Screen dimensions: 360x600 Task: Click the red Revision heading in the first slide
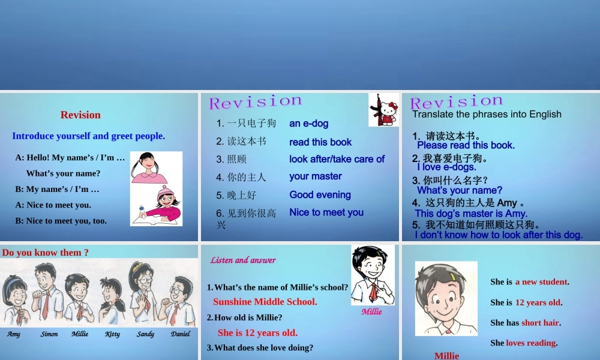pos(80,115)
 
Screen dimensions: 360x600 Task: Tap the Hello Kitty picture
pos(383,110)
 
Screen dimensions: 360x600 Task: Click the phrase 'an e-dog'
pos(308,124)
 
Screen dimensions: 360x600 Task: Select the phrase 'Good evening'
pos(320,195)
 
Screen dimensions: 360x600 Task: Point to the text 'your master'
pos(315,176)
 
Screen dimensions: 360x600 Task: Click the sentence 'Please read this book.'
pos(466,145)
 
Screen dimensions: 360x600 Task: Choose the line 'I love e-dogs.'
pos(446,167)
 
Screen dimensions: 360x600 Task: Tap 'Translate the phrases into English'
pos(487,114)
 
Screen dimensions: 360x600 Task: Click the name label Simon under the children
pos(49,334)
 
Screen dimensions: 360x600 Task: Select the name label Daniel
pos(180,334)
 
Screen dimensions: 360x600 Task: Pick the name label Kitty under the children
pos(112,334)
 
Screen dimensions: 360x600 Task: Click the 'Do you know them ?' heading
pos(46,253)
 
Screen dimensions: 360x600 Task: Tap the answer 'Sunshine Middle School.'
pos(265,302)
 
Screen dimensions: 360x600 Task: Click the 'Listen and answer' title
pos(243,260)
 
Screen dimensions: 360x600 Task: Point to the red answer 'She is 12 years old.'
pos(257,333)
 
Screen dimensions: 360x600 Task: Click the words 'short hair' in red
pos(540,323)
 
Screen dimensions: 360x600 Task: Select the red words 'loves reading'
pos(531,343)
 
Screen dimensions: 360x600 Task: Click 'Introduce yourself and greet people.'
pos(88,136)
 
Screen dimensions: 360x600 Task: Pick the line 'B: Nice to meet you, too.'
pos(61,221)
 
